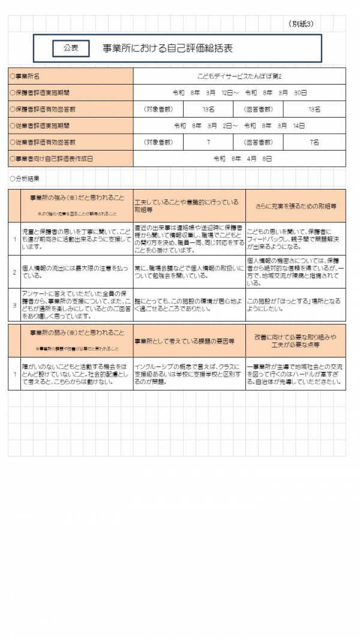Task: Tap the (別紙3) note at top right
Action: (x=301, y=24)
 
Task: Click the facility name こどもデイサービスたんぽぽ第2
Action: (x=239, y=77)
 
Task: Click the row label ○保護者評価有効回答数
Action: (x=42, y=109)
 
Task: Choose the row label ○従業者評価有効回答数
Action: (x=42, y=142)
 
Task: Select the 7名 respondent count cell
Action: (x=314, y=142)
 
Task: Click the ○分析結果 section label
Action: (x=25, y=178)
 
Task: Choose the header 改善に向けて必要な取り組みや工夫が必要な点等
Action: (x=295, y=340)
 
